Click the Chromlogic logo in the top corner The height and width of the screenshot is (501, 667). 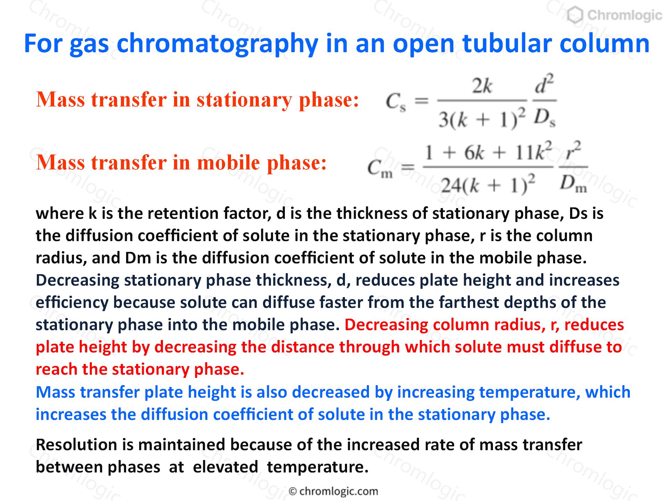(x=614, y=15)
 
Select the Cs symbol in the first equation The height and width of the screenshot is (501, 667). (x=396, y=102)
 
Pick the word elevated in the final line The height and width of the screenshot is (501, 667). (x=225, y=467)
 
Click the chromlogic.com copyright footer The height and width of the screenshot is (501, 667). (x=333, y=491)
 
